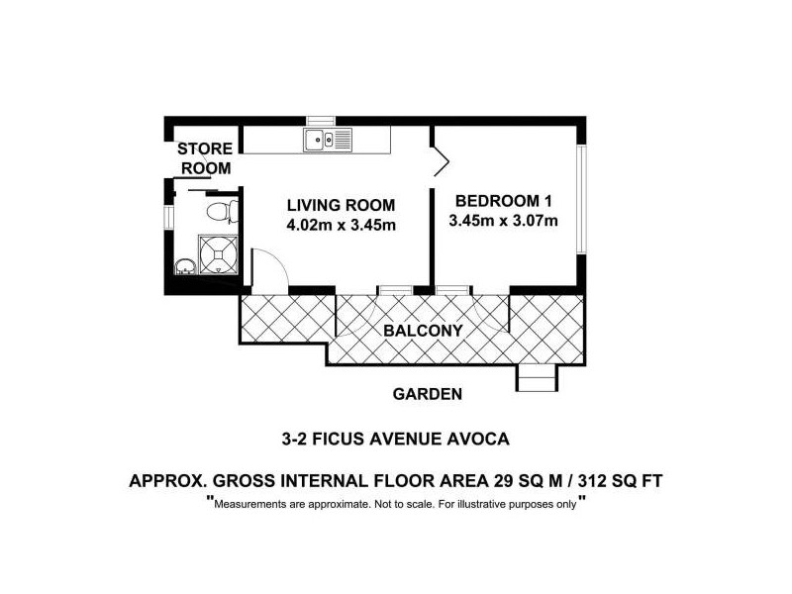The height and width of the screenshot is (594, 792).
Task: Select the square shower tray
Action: pos(219,252)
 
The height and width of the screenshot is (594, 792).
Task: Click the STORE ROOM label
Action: pos(205,158)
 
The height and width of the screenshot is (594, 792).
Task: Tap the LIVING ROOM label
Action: pos(341,205)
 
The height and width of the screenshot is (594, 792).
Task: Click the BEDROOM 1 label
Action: pos(500,200)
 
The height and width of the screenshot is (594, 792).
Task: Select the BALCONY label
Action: pos(426,331)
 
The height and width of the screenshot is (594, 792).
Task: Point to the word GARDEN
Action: pos(428,393)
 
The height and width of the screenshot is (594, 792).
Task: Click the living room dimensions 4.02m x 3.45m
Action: pos(341,225)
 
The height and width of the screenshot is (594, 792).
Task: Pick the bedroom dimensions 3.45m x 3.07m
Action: pos(503,220)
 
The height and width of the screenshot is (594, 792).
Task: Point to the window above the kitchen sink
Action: pos(323,122)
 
